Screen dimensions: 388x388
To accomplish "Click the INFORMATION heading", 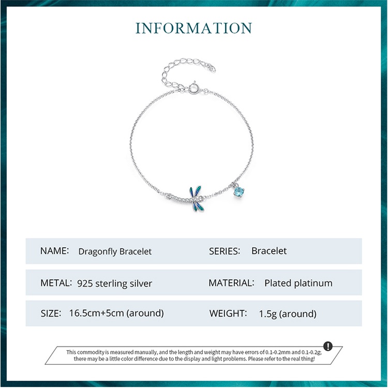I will coord(194,28).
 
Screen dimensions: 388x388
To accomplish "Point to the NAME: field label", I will coord(54,251).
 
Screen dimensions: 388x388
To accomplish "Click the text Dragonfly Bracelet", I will coord(115,251).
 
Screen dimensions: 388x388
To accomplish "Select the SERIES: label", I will coord(225,251).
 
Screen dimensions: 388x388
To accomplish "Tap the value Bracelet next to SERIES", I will coord(269,251).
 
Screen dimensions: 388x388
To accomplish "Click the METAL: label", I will coord(56,283).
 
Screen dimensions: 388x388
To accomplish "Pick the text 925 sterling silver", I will coord(114,283).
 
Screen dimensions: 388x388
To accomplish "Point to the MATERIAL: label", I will coord(231,283).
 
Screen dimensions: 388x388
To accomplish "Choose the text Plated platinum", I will coord(298,283).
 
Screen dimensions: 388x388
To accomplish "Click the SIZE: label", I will coord(51,313).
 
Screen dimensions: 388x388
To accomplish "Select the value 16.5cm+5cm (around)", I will coord(116,313).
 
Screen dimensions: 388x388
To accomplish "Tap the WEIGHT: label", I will coord(228,313).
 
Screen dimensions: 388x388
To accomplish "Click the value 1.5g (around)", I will coord(287,314).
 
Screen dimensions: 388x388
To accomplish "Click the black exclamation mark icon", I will coord(328,347).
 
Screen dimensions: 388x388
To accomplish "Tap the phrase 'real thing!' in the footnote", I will coord(303,359).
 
